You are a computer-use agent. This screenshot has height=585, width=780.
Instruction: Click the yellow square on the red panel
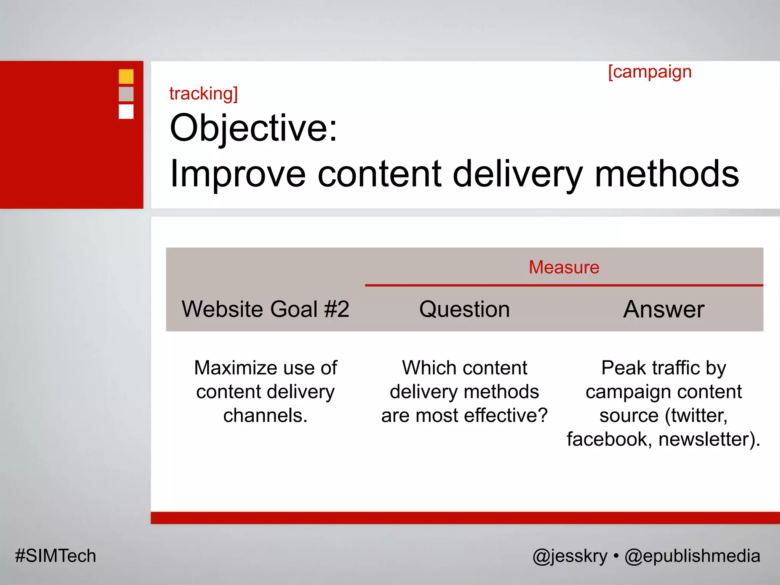click(126, 77)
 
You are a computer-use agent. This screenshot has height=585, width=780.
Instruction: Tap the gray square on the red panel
click(126, 94)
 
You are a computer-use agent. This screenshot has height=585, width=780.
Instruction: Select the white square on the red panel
click(126, 112)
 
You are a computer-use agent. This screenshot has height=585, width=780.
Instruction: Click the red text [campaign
click(649, 72)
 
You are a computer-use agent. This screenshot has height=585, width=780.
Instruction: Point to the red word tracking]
click(203, 94)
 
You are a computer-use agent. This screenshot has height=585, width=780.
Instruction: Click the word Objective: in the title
click(253, 128)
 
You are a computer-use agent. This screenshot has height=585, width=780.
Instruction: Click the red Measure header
click(564, 267)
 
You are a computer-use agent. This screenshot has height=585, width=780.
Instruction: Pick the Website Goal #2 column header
click(265, 309)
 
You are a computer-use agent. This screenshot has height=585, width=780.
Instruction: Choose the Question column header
click(464, 309)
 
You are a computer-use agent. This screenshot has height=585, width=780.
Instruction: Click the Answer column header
click(663, 309)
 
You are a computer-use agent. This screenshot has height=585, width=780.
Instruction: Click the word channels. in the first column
click(265, 416)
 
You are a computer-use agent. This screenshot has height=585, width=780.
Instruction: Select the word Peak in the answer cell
click(623, 368)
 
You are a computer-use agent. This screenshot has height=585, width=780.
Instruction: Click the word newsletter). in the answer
click(709, 439)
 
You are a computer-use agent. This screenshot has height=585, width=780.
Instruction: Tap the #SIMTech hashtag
click(56, 556)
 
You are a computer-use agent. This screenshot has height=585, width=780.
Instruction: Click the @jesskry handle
click(570, 556)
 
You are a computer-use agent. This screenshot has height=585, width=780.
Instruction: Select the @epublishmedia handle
click(692, 556)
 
